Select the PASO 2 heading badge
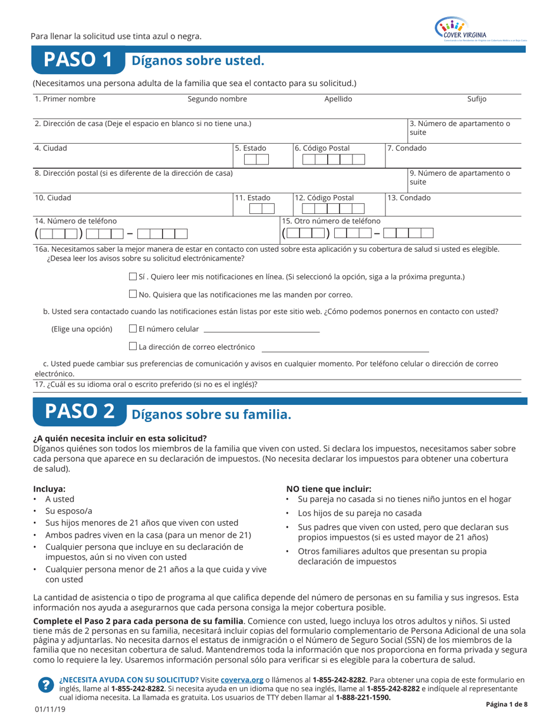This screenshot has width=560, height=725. [79, 413]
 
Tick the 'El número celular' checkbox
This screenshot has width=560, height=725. [132, 328]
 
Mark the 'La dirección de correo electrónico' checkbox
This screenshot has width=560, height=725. [132, 347]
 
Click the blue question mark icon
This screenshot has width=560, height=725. [45, 684]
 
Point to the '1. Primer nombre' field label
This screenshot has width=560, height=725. [65, 99]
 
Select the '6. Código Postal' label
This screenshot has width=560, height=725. [322, 148]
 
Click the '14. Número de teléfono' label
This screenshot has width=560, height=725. [71, 220]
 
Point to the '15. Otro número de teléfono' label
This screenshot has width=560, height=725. [331, 220]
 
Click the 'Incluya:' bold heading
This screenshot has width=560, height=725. [49, 488]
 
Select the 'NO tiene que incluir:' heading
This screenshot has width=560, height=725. [328, 488]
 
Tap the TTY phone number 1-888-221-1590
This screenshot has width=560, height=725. [363, 697]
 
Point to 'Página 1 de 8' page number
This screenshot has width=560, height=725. [506, 704]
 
